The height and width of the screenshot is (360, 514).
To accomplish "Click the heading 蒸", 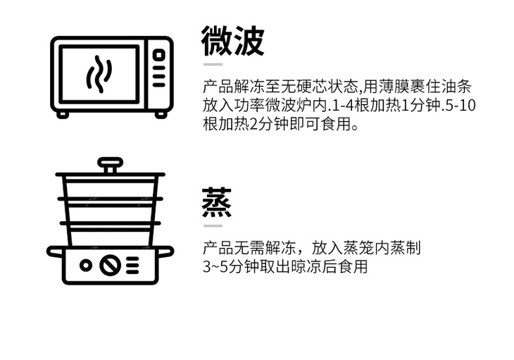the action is [217, 203].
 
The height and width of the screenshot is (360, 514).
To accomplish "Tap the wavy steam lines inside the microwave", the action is [99, 73].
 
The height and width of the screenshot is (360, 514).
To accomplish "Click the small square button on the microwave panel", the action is [159, 54].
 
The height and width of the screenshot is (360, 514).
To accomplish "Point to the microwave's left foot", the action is [63, 114].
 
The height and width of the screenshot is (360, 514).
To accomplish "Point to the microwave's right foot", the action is [161, 114].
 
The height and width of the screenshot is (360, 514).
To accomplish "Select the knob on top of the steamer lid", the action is [110, 165].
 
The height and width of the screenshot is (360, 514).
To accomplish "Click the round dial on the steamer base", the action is [110, 266].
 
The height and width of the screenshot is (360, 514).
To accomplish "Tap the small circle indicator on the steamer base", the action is [86, 266].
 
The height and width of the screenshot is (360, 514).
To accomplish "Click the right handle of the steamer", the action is [167, 251].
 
